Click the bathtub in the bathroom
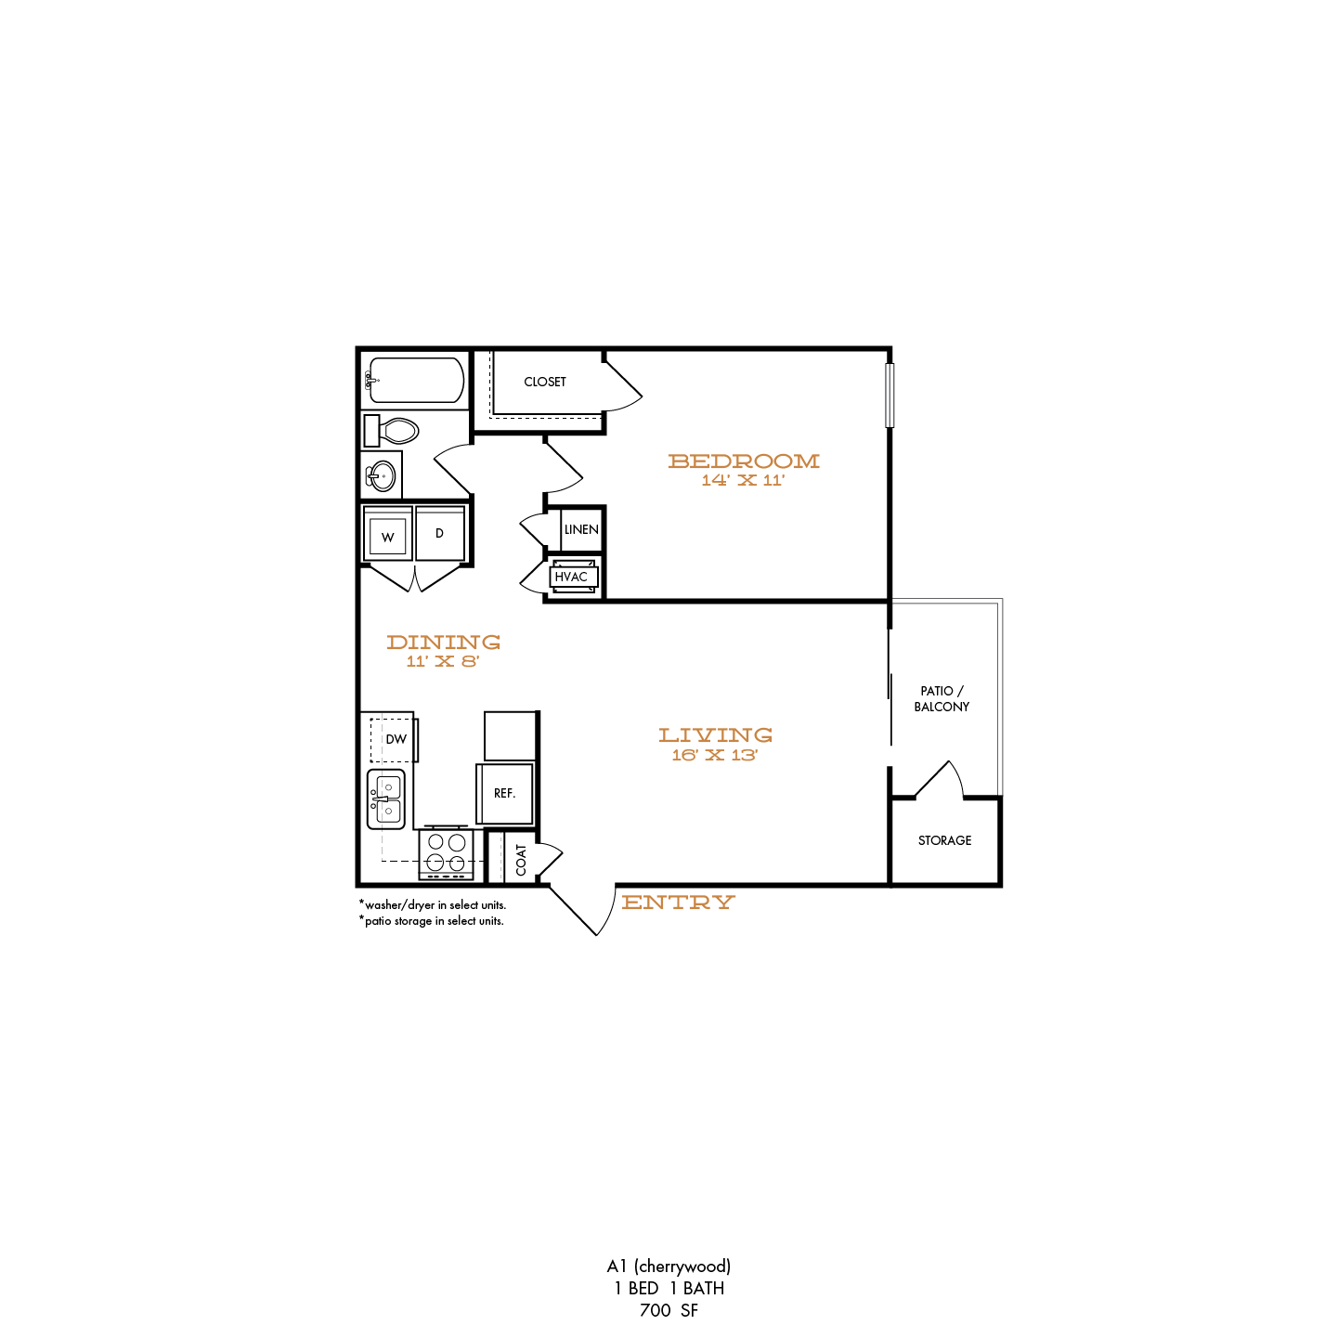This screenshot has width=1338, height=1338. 414,380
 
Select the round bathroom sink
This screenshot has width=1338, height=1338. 382,476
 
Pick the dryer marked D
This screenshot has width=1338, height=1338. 439,533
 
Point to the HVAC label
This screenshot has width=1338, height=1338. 571,577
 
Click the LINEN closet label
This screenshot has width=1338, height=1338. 581,530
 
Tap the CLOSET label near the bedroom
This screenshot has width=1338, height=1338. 545,382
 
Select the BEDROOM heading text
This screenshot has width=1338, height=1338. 744,461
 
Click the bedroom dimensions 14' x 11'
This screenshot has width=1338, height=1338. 743,480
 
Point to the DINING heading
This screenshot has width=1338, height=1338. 444,643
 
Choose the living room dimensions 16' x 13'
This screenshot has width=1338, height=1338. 714,755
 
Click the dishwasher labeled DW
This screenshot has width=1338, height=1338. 393,739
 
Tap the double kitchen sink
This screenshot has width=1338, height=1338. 386,799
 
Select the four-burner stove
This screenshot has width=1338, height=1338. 446,853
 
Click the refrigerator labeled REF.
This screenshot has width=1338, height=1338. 505,793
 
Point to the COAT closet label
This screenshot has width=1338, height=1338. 522,860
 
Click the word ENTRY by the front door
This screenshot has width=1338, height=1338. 678,902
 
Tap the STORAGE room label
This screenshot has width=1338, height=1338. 944,840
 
